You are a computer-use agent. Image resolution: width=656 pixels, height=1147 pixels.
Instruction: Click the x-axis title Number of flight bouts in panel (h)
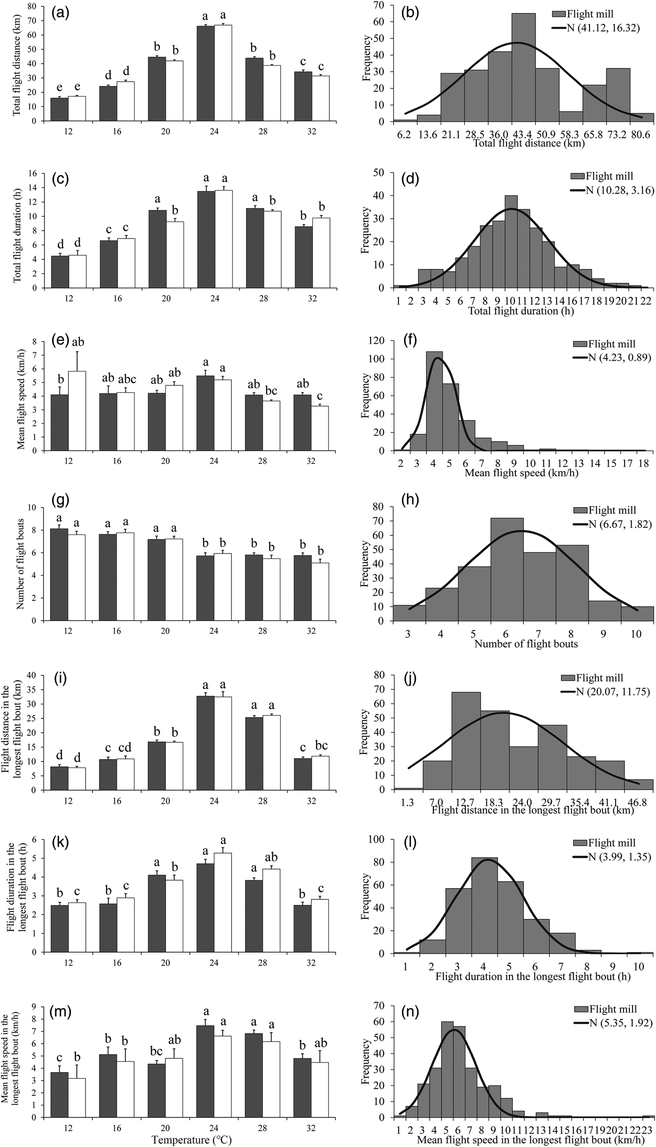tap(526, 644)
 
